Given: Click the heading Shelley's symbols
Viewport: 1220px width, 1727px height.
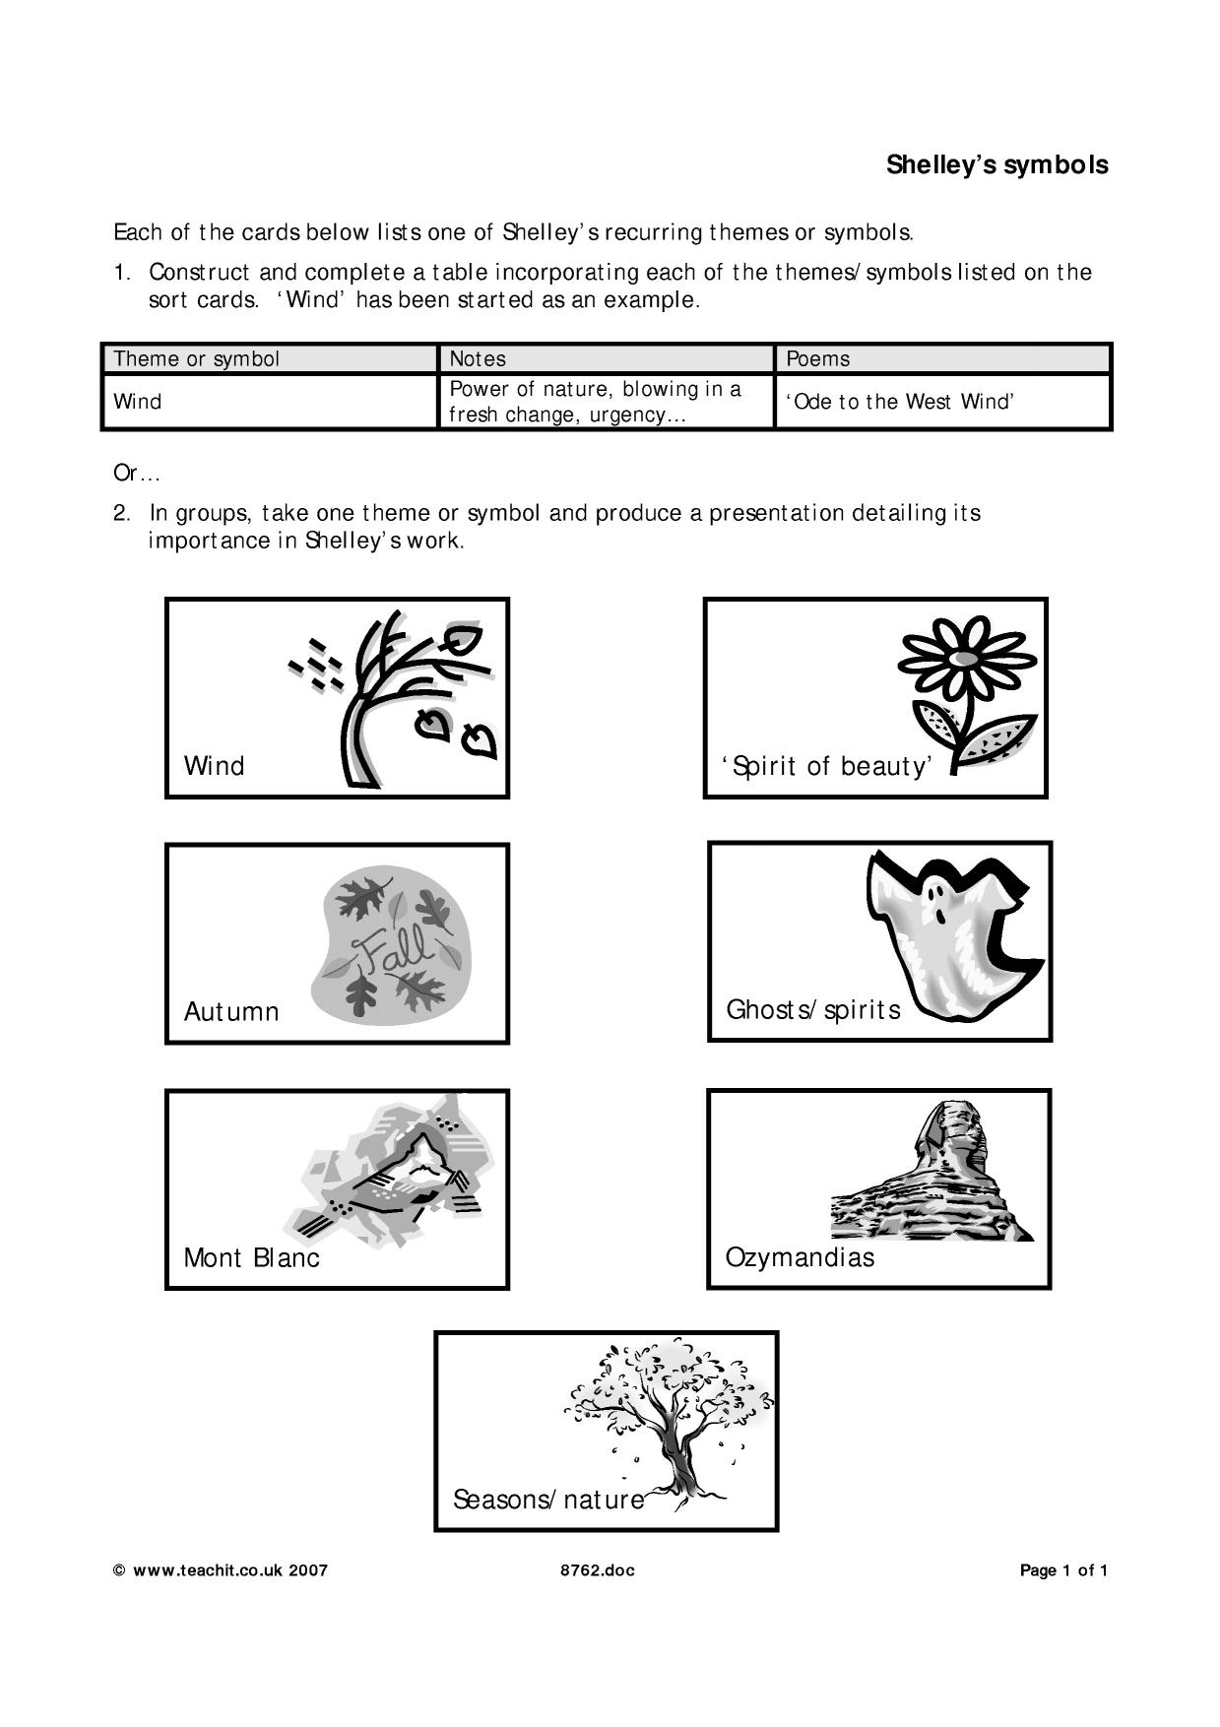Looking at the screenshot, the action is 996,164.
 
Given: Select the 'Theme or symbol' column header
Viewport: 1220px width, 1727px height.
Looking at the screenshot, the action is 197,359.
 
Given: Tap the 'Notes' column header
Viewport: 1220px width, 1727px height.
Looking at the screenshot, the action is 478,359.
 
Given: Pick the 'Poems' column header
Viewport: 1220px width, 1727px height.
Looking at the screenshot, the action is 818,359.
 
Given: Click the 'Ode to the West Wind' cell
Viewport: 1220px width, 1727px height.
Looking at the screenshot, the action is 900,402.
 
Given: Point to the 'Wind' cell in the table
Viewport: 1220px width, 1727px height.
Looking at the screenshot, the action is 138,402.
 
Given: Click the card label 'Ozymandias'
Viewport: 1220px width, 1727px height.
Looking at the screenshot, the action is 800,1257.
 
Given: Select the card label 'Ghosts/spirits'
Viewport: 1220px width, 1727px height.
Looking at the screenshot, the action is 813,1010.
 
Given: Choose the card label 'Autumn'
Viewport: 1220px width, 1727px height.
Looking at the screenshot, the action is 231,1012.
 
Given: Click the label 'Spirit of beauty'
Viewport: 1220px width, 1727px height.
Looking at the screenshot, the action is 827,766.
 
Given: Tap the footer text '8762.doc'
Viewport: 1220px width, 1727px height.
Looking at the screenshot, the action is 598,1570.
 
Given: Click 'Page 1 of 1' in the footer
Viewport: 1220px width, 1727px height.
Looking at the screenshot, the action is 1064,1570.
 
